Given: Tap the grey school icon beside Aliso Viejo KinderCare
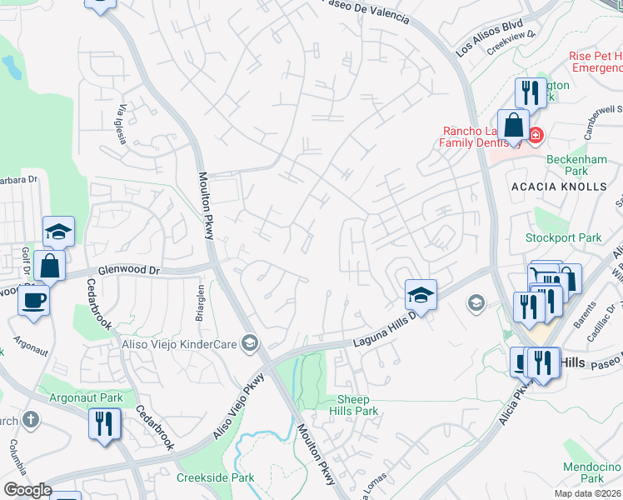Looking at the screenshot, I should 249,342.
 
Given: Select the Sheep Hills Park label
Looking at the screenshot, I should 358,406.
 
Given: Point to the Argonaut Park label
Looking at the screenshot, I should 87,397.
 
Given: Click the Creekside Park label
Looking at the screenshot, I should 215,477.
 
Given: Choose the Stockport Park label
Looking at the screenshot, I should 563,237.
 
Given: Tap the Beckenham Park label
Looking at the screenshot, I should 566,164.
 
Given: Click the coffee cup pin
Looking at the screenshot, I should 33,299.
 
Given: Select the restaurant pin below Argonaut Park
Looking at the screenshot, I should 105,422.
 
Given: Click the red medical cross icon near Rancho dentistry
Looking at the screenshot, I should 534,134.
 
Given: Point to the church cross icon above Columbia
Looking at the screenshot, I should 31,419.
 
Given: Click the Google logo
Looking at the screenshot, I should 27,490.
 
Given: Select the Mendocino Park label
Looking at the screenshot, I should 593,472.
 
